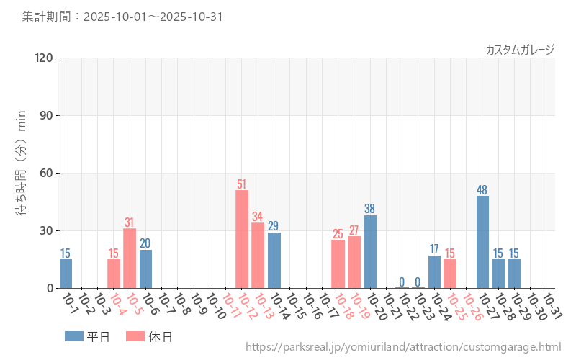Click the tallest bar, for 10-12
[242, 239]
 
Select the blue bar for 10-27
[482, 242]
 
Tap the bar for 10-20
[370, 251]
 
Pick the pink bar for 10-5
[130, 258]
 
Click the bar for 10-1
[66, 274]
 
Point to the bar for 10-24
[434, 271]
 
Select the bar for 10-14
[274, 260]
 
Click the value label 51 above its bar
[242, 184]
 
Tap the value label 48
[482, 190]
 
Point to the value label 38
[370, 209]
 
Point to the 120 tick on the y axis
[44, 58]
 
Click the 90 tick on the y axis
[47, 116]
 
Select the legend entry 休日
[149, 336]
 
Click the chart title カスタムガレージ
[520, 49]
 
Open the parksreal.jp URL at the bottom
[403, 347]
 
